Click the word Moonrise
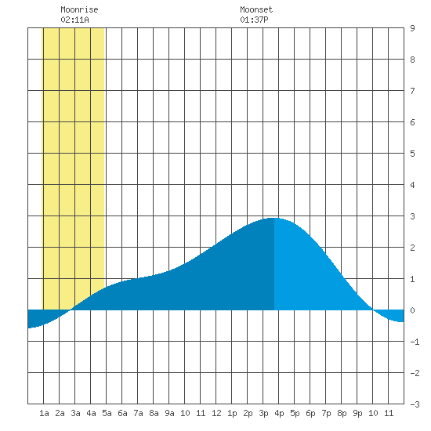tap(79, 9)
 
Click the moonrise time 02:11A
tap(74, 20)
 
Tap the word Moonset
tap(256, 9)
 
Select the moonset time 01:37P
tap(254, 20)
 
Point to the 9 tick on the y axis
tap(412, 28)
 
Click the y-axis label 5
tap(412, 154)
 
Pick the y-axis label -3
tap(415, 404)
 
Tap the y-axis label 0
tap(412, 310)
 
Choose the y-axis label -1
tap(415, 342)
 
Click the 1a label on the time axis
tap(44, 413)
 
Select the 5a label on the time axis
tap(107, 413)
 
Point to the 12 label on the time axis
tap(216, 413)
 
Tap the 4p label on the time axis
tap(279, 413)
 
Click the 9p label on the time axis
tap(357, 413)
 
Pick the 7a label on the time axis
tap(138, 413)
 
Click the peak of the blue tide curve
tap(273, 219)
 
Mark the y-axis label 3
tap(412, 216)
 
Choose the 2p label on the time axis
tap(248, 413)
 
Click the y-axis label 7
tap(412, 91)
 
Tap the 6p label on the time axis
tap(310, 413)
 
